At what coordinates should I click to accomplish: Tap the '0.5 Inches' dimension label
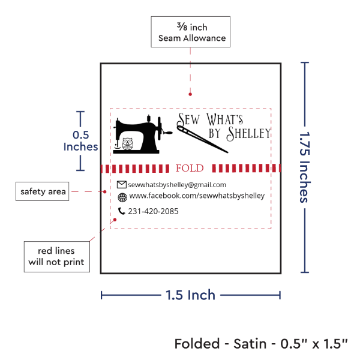pyautogui.click(x=80, y=141)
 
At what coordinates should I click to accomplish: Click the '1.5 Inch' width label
pyautogui.click(x=190, y=295)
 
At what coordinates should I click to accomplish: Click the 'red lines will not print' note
pyautogui.click(x=56, y=257)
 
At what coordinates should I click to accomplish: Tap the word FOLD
pyautogui.click(x=189, y=168)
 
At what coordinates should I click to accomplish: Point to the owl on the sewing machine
pyautogui.click(x=127, y=144)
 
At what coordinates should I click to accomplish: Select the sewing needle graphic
pyautogui.click(x=202, y=139)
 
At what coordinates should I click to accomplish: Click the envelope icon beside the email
pyautogui.click(x=122, y=184)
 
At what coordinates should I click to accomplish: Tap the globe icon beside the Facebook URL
pyautogui.click(x=122, y=197)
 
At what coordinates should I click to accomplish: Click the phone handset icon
pyautogui.click(x=122, y=211)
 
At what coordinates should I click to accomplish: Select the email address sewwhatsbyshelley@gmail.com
pyautogui.click(x=177, y=185)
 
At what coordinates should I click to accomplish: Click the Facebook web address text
pyautogui.click(x=197, y=196)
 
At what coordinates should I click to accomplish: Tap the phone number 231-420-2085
pyautogui.click(x=153, y=211)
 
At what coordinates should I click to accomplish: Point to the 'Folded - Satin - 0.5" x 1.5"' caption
pyautogui.click(x=262, y=344)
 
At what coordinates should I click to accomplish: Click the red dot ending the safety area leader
pyautogui.click(x=105, y=192)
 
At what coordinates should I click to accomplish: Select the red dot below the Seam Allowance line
pyautogui.click(x=190, y=94)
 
